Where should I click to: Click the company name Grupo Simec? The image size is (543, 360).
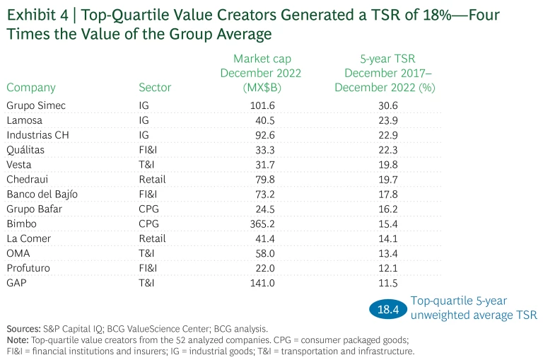click(x=36, y=105)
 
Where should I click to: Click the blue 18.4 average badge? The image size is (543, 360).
click(x=388, y=309)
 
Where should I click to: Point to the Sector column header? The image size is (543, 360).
click(x=155, y=88)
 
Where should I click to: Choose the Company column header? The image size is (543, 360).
click(x=31, y=88)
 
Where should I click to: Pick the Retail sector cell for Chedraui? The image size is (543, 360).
click(x=152, y=179)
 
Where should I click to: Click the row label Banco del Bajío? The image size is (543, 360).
click(x=42, y=194)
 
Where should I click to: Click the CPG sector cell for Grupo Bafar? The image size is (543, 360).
click(x=149, y=209)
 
